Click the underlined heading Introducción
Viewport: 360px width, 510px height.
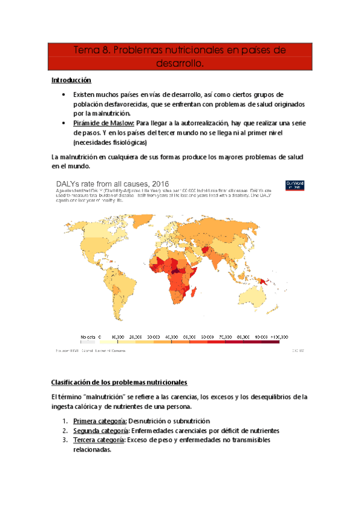coord(71,80)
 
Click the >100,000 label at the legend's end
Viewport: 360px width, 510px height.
coord(277,337)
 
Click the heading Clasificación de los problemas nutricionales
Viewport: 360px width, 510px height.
coord(119,382)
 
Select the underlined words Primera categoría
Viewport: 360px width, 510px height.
coord(100,421)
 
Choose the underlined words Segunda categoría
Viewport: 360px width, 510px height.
coord(101,431)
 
